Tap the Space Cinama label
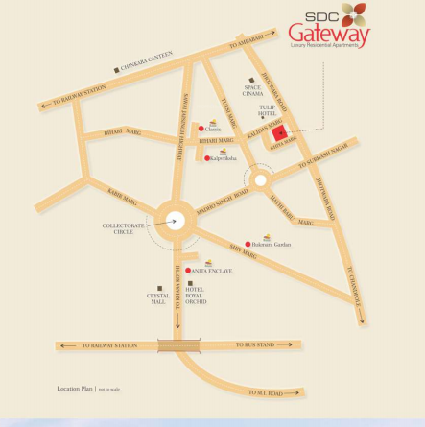[253, 91]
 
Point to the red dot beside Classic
[201, 129]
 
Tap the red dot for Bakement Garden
[248, 244]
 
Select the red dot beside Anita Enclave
[188, 271]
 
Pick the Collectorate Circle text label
[124, 228]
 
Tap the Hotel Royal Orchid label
[196, 296]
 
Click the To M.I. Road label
[265, 392]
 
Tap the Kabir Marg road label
[123, 195]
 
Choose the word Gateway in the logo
[328, 36]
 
